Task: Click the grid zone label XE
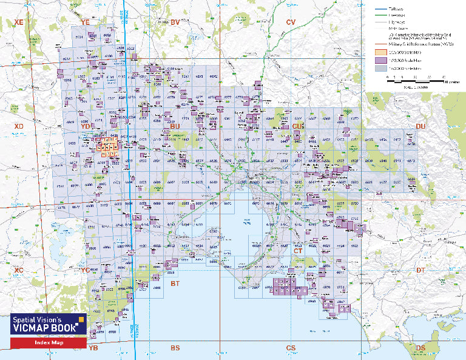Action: click(18, 22)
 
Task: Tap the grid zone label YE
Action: click(85, 22)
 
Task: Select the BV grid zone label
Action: click(175, 22)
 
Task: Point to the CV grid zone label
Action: click(291, 22)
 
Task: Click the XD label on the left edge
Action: click(18, 126)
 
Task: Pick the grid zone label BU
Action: click(175, 126)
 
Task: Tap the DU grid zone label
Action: click(420, 126)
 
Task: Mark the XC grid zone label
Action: click(18, 270)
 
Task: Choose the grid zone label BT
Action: click(175, 284)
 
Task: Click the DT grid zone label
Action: click(420, 270)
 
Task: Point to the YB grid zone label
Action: click(93, 348)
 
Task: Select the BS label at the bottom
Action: click(175, 348)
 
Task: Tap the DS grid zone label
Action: click(420, 348)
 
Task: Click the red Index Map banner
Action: click(48, 343)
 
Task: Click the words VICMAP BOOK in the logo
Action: click(45, 327)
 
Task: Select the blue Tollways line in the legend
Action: click(380, 9)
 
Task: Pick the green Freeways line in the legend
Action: click(380, 15)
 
